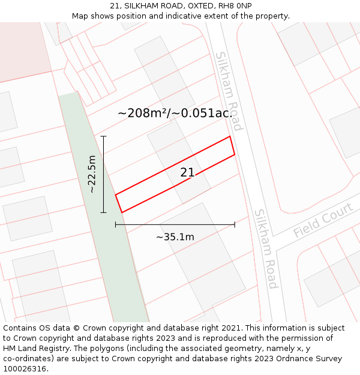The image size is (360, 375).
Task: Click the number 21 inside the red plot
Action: (x=187, y=173)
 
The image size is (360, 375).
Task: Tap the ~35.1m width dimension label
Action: (x=175, y=237)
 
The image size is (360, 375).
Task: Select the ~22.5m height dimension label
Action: (x=92, y=174)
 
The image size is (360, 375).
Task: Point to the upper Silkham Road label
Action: (x=229, y=91)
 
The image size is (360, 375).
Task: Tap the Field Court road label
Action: (x=323, y=220)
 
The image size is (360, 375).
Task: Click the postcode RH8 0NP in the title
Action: (x=235, y=6)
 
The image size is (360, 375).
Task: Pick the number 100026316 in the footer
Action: (x=24, y=368)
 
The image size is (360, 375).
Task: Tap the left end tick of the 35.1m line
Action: (x=116, y=224)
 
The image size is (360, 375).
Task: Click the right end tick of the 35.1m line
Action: (x=235, y=224)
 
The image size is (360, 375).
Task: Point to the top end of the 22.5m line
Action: (x=103, y=137)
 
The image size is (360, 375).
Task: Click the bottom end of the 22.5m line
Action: (x=103, y=212)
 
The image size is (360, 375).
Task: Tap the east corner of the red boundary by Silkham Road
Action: (x=234, y=155)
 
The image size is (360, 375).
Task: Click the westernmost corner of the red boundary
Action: (x=116, y=194)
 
